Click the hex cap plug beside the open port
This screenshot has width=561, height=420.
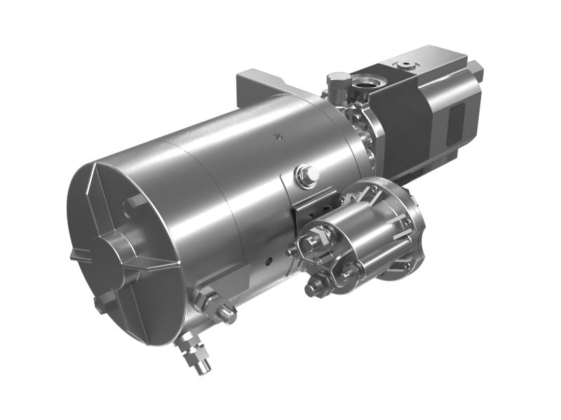[x=337, y=83]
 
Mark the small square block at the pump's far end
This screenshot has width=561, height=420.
[x=476, y=70]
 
